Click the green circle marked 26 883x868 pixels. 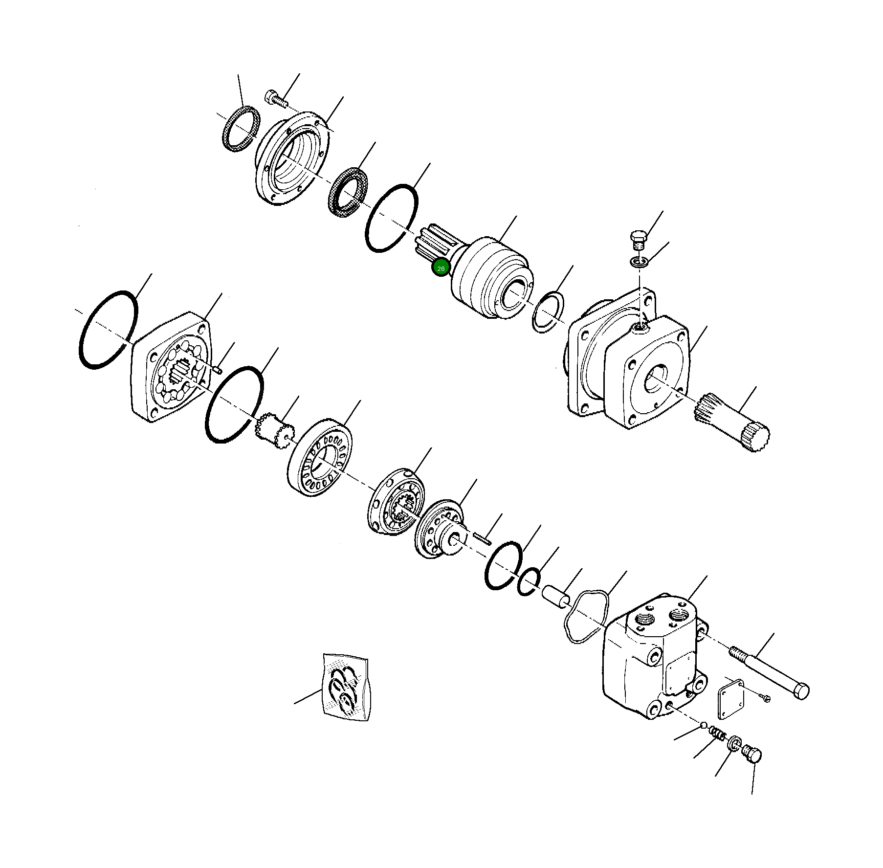441,268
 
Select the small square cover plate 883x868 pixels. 730,697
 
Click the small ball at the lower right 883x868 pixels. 704,725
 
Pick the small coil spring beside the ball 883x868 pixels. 717,733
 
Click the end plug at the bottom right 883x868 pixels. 752,755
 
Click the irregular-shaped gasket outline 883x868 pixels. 587,616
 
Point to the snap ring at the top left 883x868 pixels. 239,130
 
